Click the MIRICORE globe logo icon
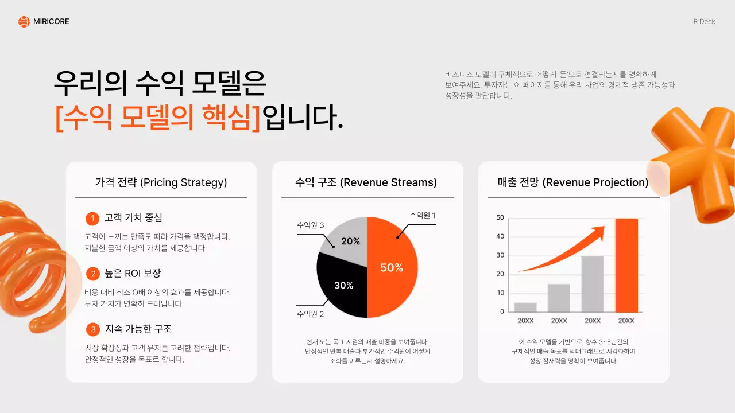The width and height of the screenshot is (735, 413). coord(24,22)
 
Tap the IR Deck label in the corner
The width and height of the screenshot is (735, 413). coord(703,22)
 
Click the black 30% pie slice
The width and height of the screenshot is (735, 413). coord(342,287)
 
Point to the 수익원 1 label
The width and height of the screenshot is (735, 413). coord(422,215)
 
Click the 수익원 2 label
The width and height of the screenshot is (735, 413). coord(311,314)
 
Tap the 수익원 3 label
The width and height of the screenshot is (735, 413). coord(311,225)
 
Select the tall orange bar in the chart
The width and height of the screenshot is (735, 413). coord(626,265)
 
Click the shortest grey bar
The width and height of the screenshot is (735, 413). coord(525,307)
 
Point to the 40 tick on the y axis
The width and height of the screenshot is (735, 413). coord(500,236)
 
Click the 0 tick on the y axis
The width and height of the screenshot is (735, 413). coord(502,311)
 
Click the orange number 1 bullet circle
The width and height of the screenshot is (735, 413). coord(92,219)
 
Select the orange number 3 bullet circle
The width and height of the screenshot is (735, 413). coord(92,329)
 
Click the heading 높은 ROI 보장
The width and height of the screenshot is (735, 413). coord(133,274)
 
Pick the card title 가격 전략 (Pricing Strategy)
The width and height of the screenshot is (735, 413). coord(161,182)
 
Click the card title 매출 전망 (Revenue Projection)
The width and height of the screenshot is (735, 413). coord(573,182)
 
